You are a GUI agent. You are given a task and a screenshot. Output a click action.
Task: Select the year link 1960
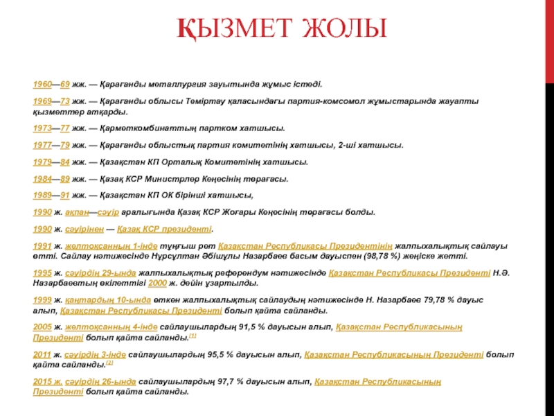pos(43,83)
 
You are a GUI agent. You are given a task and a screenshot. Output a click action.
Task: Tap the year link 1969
pos(43,101)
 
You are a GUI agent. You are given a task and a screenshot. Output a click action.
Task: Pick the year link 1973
pos(43,129)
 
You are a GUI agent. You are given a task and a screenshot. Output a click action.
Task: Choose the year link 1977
pos(43,146)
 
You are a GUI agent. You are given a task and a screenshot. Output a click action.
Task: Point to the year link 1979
pos(43,162)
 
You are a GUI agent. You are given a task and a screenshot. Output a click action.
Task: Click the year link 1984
pos(43,179)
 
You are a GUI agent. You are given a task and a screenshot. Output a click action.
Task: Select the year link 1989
pos(43,196)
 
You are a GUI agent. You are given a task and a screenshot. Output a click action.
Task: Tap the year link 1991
pos(43,246)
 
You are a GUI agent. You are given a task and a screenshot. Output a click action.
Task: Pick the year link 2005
pos(43,327)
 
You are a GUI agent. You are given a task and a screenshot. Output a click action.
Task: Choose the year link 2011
pos(43,354)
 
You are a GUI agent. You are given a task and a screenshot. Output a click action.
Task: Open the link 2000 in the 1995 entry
pos(158,284)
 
